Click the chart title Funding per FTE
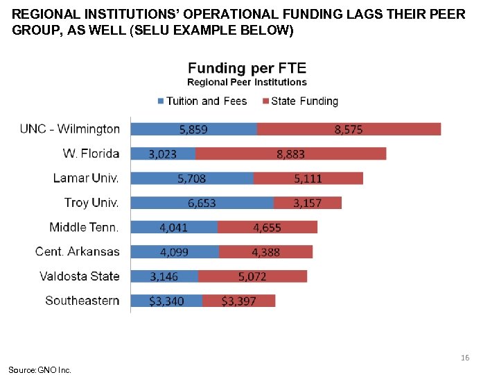[x=247, y=68]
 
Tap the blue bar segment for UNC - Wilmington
[x=193, y=129]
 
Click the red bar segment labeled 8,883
[x=290, y=153]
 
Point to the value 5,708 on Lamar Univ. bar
[x=191, y=178]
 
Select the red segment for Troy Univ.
[x=307, y=203]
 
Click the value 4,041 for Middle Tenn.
[x=173, y=227]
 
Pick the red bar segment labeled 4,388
[x=265, y=252]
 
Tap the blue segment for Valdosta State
[x=164, y=276]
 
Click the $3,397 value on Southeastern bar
[x=239, y=301]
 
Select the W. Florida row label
[x=91, y=153]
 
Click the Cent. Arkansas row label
[x=78, y=251]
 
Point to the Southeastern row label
[x=82, y=301]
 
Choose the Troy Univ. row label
[x=91, y=203]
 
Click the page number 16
[x=465, y=358]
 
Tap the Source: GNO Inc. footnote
[x=40, y=369]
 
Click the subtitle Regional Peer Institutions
[x=247, y=83]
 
